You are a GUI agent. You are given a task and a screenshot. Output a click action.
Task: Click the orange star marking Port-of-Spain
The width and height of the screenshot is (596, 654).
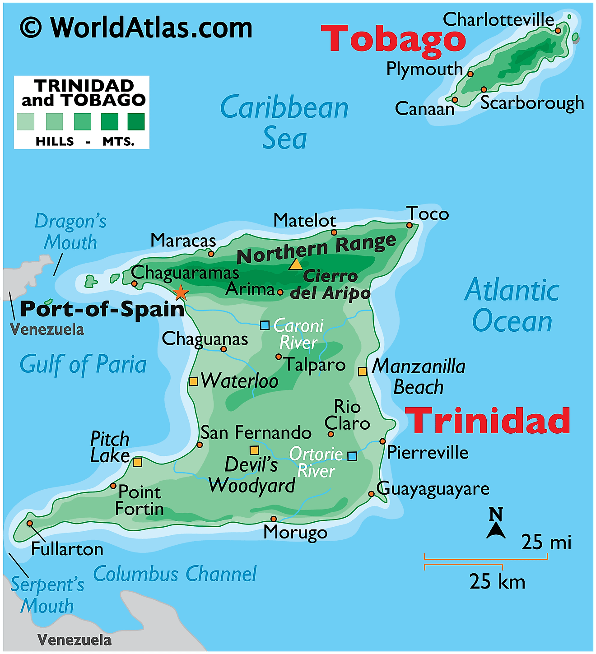click(181, 292)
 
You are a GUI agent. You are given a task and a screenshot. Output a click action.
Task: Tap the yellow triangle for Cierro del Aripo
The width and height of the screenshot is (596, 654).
click(296, 264)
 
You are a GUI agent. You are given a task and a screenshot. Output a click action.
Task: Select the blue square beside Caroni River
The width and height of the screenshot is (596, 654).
click(265, 325)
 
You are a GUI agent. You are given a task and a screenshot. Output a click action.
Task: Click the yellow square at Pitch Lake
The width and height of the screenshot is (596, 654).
click(137, 462)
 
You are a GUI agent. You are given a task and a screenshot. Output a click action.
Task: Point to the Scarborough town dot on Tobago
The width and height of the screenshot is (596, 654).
click(484, 89)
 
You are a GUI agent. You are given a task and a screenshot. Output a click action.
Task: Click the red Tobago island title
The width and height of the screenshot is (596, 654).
click(393, 39)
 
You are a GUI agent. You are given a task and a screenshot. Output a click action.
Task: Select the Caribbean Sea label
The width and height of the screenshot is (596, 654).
click(284, 122)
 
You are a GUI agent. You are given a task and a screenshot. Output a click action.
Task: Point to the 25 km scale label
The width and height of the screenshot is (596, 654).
click(497, 581)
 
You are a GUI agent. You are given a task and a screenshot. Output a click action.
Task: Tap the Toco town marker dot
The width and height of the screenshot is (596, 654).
click(409, 225)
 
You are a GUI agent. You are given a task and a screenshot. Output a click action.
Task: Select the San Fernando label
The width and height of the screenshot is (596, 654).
click(256, 432)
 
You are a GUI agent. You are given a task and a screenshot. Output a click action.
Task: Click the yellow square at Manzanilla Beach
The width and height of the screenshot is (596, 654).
click(362, 371)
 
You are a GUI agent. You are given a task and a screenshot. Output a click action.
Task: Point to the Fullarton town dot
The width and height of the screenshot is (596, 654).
click(29, 523)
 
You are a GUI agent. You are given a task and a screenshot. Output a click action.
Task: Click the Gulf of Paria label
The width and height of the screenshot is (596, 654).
click(83, 365)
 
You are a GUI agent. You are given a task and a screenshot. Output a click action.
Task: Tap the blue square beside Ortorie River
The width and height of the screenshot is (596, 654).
click(352, 456)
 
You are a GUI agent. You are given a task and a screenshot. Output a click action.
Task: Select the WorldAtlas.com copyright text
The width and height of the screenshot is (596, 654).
click(136, 28)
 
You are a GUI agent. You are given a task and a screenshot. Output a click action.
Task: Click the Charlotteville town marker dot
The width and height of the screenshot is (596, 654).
click(558, 31)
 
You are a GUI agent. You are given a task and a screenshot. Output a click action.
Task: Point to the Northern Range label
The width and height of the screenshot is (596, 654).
click(316, 249)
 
